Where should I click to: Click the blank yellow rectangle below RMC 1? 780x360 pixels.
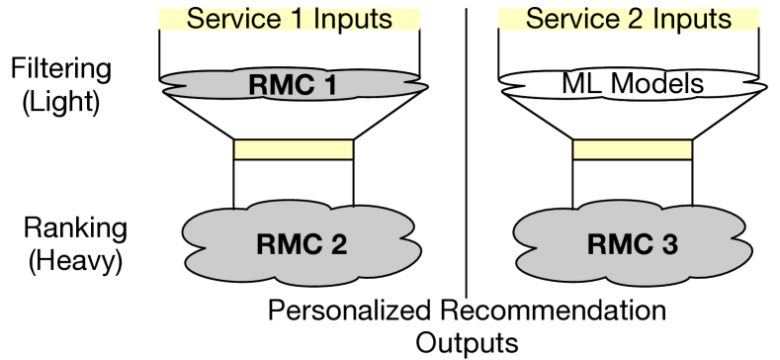pyautogui.click(x=294, y=149)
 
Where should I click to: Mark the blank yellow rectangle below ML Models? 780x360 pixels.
pyautogui.click(x=633, y=149)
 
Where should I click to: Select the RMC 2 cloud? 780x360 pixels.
pyautogui.click(x=217, y=242)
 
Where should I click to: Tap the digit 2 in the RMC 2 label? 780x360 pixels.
pyautogui.click(x=336, y=244)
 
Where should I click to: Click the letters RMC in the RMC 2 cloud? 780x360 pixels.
pyautogui.click(x=287, y=244)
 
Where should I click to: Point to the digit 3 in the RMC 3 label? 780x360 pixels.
pyautogui.click(x=668, y=244)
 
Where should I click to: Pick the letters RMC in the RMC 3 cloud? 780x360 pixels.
pyautogui.click(x=617, y=244)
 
